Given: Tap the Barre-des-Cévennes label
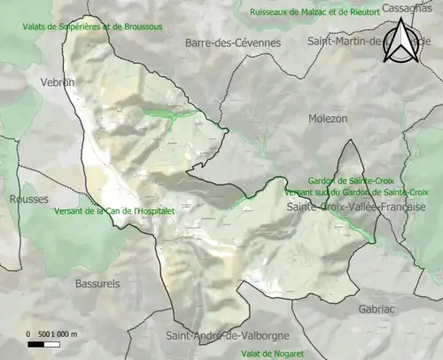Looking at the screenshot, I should coord(233,43).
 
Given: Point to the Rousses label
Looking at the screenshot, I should coord(29,200).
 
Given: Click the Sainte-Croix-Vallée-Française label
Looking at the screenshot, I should coord(356,207).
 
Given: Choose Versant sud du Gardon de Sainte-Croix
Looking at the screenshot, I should coord(357,192).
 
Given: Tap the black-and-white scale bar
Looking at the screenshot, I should coord(52,345).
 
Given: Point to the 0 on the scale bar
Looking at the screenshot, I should coord(28,333).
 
